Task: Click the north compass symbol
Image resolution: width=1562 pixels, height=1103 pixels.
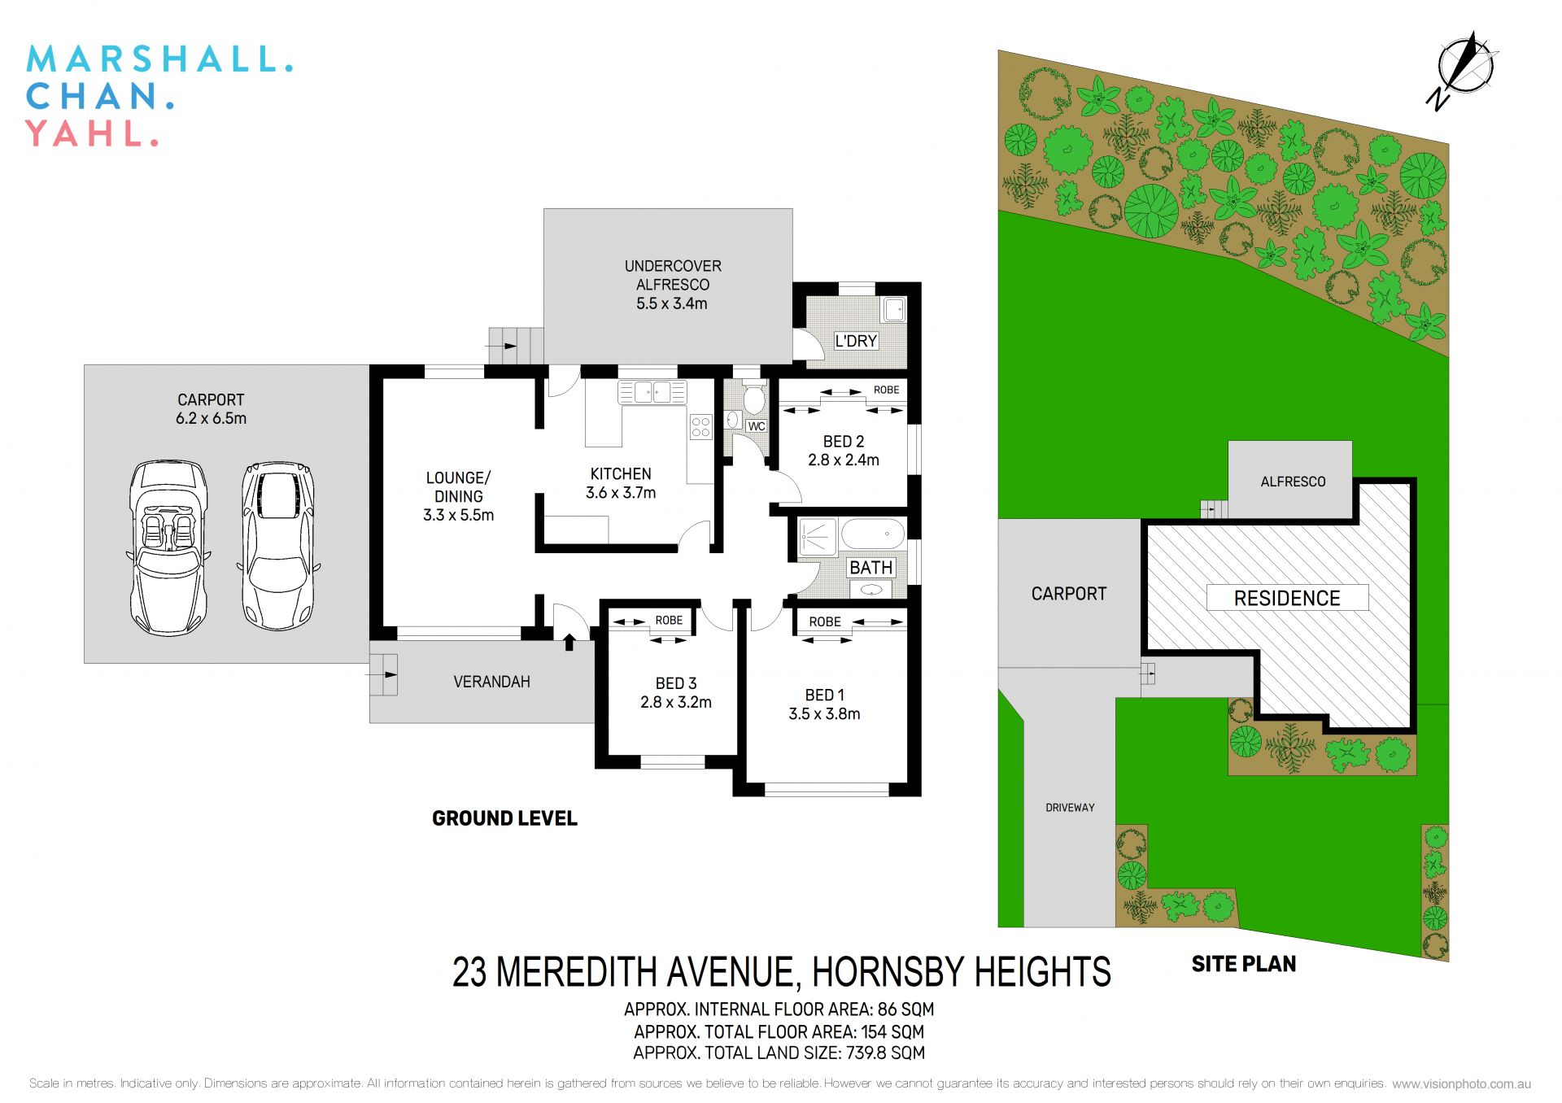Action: (x=1464, y=68)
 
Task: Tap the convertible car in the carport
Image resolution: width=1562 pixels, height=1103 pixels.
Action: (x=168, y=547)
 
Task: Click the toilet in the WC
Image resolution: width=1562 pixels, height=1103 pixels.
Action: (x=754, y=399)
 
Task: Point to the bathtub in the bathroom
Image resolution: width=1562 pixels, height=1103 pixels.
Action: (x=872, y=535)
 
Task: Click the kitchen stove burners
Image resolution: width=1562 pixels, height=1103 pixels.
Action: (x=700, y=427)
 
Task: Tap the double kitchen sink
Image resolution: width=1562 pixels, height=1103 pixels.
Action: (x=652, y=392)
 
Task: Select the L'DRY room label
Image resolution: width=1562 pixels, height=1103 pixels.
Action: (x=856, y=341)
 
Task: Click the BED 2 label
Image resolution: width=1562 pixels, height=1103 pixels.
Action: (x=844, y=442)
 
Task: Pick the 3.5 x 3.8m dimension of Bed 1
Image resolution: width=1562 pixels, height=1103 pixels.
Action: (x=824, y=714)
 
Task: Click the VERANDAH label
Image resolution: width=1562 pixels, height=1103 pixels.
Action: (x=491, y=682)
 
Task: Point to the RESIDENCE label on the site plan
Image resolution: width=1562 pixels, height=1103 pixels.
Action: (x=1286, y=599)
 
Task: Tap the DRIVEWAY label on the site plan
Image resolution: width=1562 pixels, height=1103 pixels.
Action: (x=1070, y=808)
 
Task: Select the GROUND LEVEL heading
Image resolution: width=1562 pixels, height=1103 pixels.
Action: (x=504, y=818)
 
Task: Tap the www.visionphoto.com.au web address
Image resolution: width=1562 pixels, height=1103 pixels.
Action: (x=1461, y=1083)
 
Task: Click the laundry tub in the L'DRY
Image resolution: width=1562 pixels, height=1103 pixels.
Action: (x=894, y=309)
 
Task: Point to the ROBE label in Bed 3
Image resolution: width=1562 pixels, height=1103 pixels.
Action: (x=669, y=621)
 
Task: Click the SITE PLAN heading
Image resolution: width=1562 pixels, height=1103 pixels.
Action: (x=1243, y=965)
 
